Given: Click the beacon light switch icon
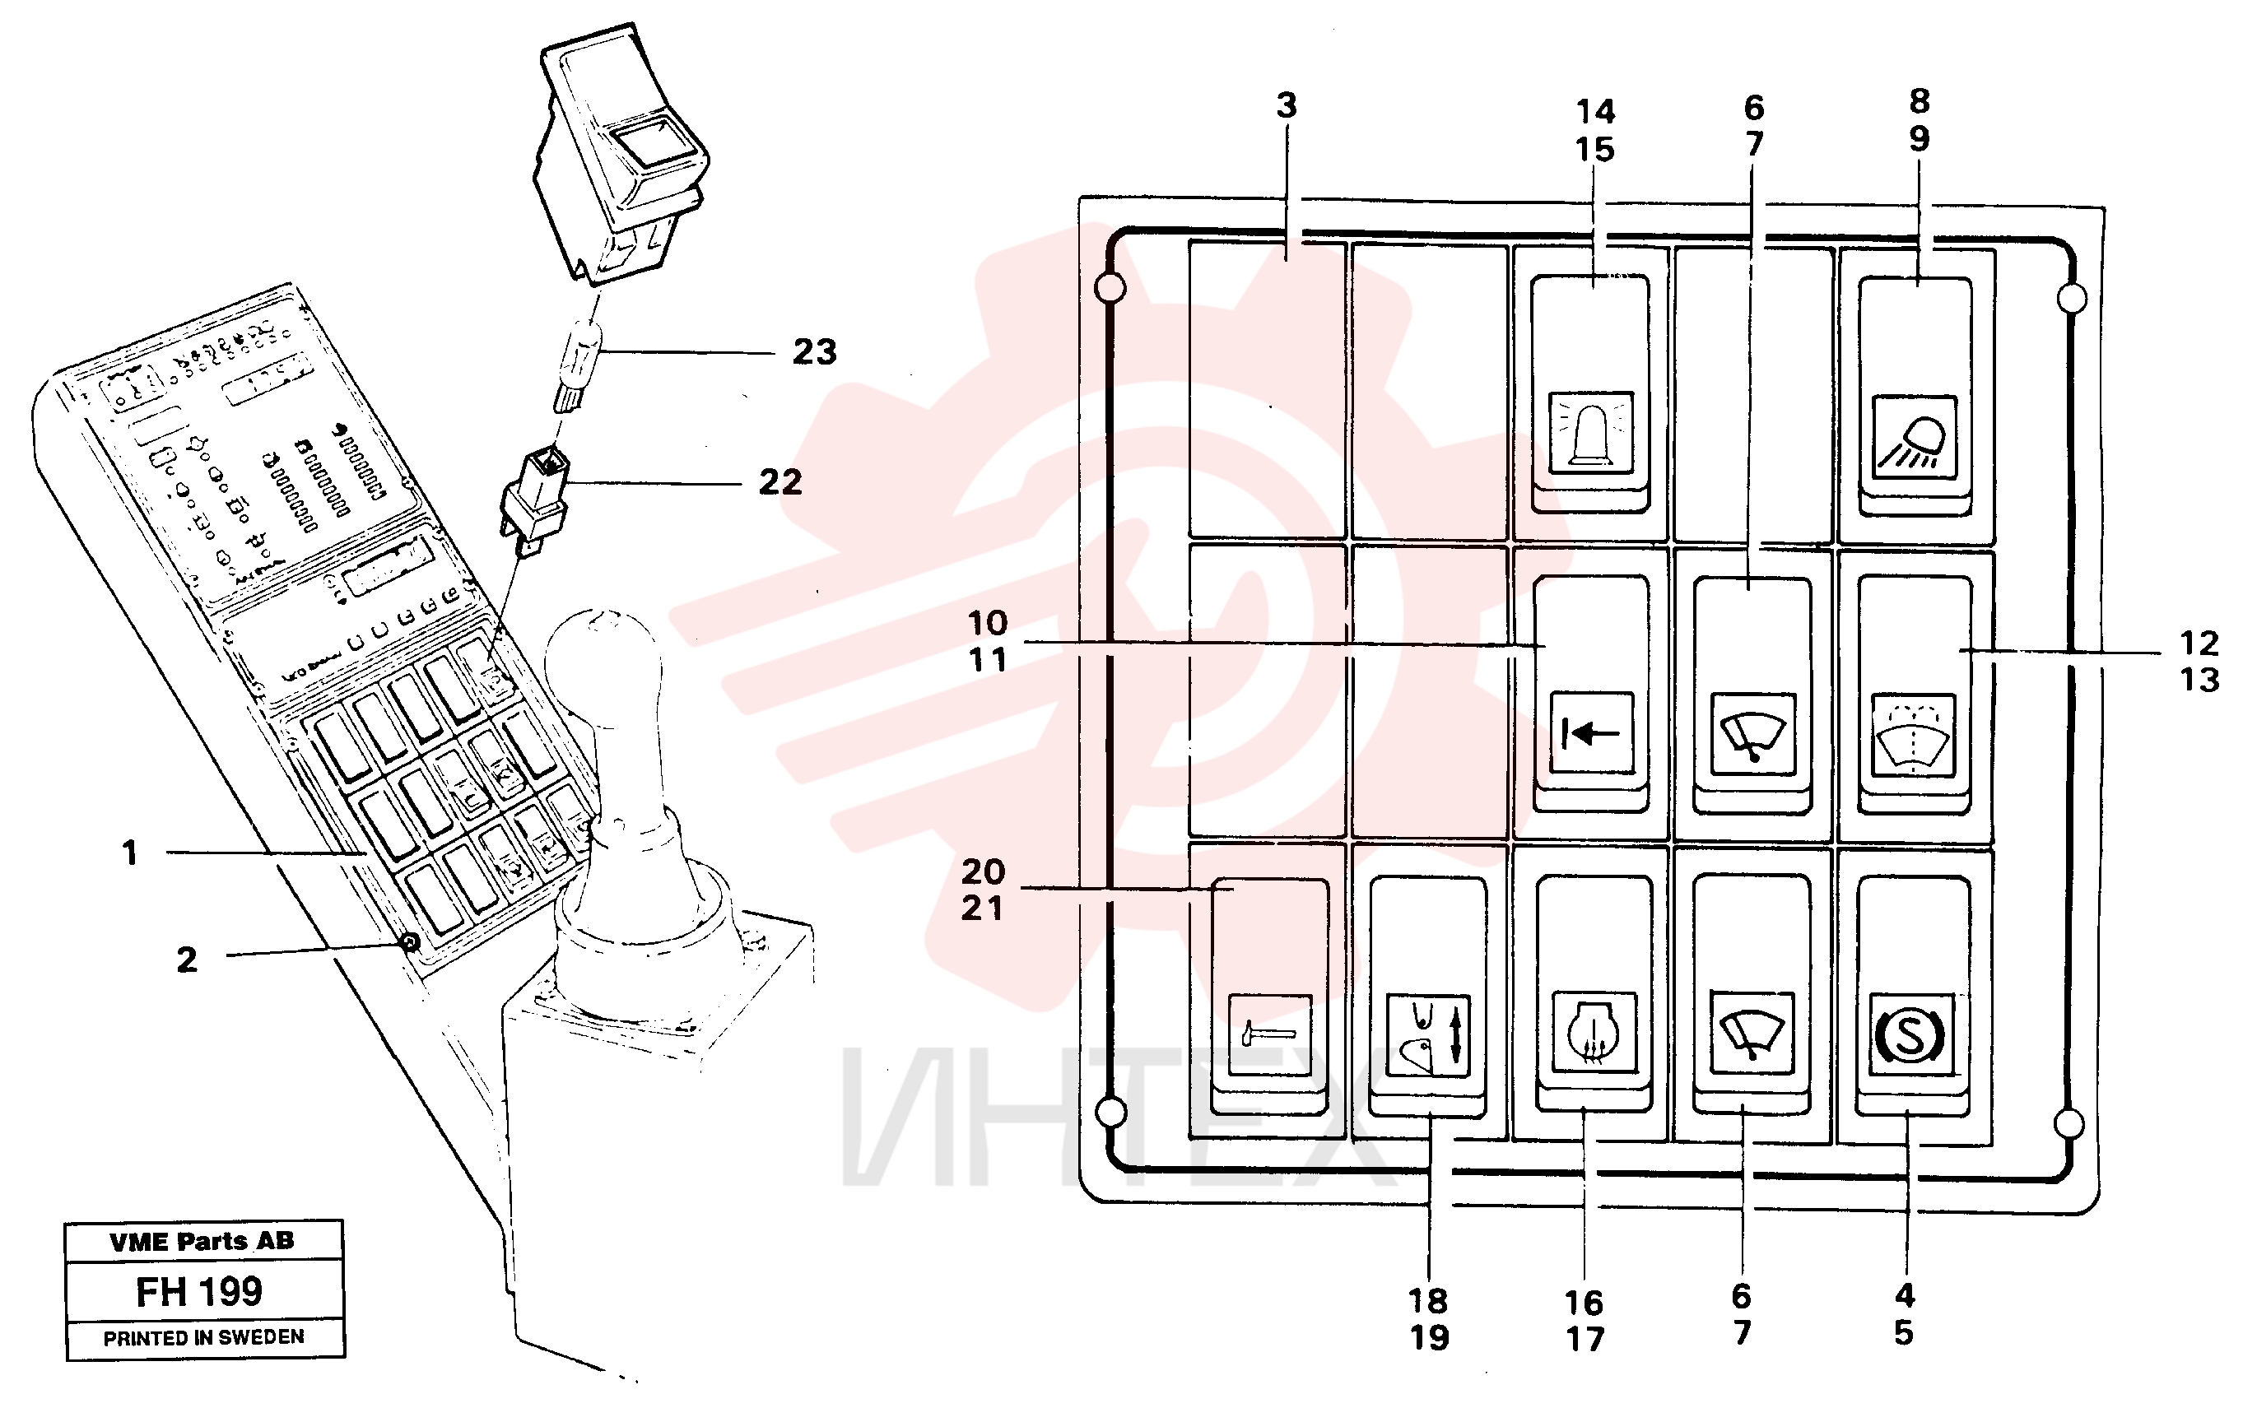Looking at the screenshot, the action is point(1590,432).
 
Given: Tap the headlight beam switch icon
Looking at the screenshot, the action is point(1915,437).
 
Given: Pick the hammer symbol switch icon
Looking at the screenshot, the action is point(1269,1034).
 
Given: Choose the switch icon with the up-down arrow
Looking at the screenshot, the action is point(1428,1035).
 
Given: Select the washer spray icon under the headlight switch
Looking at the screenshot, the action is point(1913,735).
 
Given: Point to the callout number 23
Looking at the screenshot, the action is point(814,352).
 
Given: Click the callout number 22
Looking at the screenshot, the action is point(780,482).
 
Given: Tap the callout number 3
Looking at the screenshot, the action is point(1287,105).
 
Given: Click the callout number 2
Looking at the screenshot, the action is point(187,960).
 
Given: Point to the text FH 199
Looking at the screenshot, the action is point(199,1292).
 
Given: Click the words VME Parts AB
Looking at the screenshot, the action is point(202,1241).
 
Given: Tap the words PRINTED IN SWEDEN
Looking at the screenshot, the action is point(204,1338).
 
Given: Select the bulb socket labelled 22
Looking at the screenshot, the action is point(535,500).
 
